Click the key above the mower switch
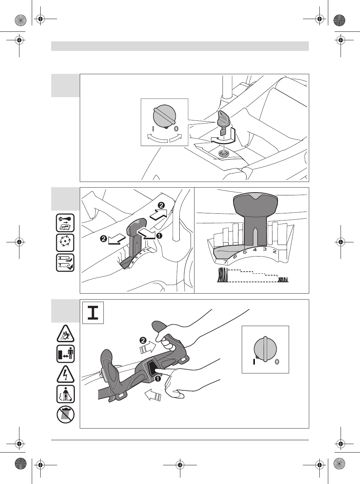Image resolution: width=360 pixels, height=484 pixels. (223, 122)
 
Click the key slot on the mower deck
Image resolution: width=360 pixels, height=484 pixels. (223, 153)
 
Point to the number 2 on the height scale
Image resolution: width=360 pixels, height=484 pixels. (274, 252)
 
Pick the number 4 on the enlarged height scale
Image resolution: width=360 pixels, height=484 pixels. (254, 249)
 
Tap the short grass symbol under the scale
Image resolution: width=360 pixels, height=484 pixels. (283, 280)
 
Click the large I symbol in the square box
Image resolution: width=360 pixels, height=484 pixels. (93, 313)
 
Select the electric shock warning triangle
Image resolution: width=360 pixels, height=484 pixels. (66, 374)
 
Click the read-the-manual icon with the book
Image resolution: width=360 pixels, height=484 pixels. (65, 222)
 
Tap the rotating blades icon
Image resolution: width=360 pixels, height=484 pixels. (65, 242)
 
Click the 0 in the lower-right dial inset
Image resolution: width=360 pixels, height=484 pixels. (277, 362)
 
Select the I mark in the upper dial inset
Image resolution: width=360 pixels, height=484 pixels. (153, 129)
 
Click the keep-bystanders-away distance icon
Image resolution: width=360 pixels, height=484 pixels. (66, 354)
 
